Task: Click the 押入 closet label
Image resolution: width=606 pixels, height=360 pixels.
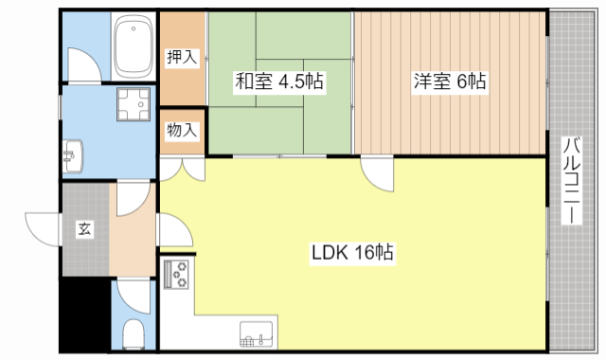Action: (x=182, y=57)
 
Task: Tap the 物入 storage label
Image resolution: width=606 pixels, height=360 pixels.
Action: (x=182, y=130)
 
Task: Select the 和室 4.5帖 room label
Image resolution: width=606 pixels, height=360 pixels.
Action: (x=279, y=81)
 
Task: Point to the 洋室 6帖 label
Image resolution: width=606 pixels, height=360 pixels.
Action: (x=450, y=81)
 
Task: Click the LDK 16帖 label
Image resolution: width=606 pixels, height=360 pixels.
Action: (x=352, y=253)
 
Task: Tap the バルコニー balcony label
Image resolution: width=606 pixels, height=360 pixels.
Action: (x=572, y=180)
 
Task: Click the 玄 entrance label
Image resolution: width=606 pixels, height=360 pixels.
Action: (x=84, y=229)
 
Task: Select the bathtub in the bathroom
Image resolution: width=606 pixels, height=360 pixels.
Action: (x=134, y=46)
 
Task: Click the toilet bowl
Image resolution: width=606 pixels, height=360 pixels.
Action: (x=134, y=333)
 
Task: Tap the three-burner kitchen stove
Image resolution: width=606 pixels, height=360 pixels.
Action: (x=177, y=275)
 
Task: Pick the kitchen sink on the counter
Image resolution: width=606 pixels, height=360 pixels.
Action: (x=257, y=334)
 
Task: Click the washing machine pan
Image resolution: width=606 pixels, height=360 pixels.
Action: (x=134, y=104)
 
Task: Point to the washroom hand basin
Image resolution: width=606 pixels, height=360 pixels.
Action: (x=73, y=156)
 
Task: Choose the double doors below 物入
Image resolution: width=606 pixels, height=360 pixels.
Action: (x=182, y=169)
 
